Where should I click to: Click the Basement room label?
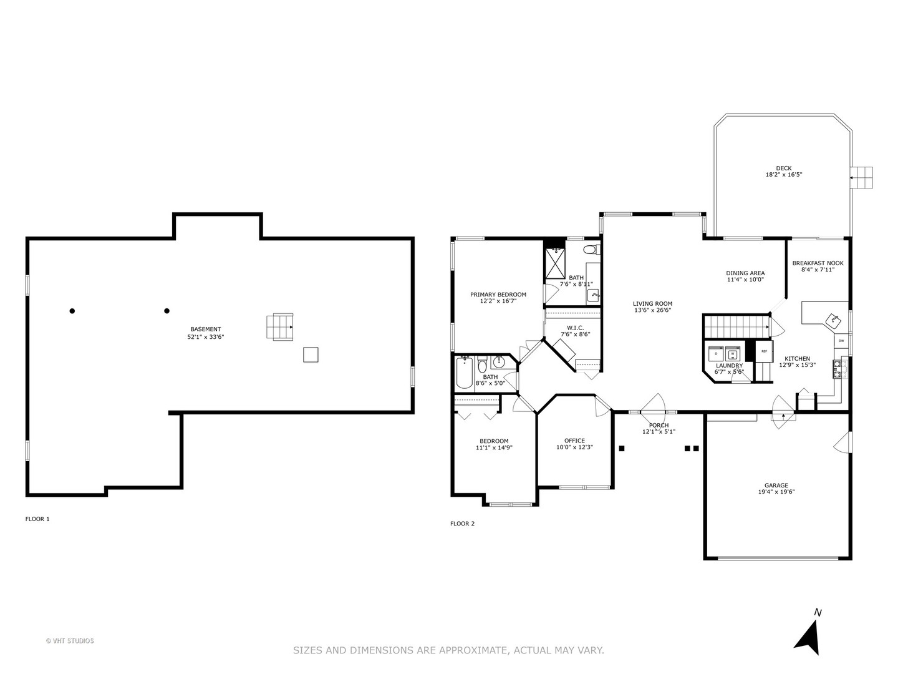point(205,330)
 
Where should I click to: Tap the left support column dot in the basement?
point(72,311)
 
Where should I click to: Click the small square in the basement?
point(311,354)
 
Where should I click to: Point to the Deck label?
point(783,168)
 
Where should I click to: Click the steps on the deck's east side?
point(863,178)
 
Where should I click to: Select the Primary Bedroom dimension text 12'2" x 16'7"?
point(498,301)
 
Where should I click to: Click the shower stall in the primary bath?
point(554,263)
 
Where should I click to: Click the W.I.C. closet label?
point(575,328)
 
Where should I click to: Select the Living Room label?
point(652,304)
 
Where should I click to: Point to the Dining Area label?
point(745,273)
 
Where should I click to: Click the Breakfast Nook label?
point(818,263)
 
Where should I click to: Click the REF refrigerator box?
point(764,351)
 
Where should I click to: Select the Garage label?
point(776,486)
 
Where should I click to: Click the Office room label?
point(574,441)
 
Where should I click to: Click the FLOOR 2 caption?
point(462,524)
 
